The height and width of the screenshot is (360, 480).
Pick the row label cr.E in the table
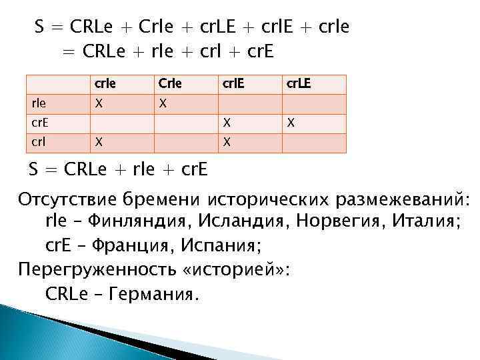41,123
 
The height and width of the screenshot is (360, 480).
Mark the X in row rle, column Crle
163,104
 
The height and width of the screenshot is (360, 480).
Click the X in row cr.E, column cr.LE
290,123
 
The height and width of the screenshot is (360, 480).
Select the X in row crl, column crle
99,142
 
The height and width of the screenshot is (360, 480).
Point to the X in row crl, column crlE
227,142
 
